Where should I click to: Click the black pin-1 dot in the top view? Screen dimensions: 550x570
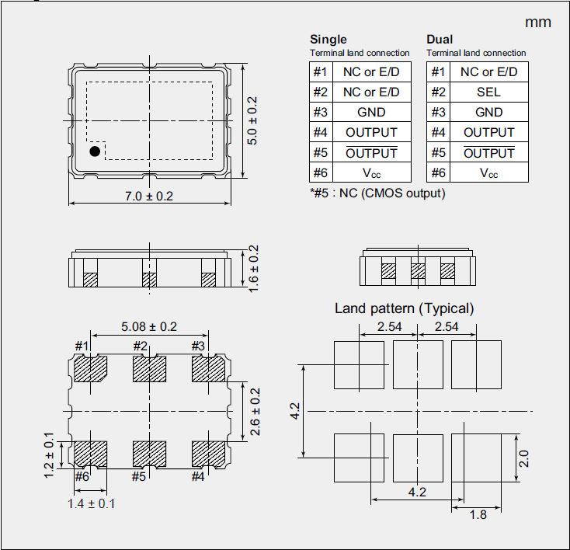coord(95,151)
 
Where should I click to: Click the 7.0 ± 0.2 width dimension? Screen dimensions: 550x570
coord(148,196)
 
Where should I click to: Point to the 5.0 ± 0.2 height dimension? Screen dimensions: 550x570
coord(252,121)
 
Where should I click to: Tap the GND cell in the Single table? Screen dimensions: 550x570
coord(371,112)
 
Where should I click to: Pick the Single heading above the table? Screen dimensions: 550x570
coord(328,40)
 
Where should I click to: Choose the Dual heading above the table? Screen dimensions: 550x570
coord(440,40)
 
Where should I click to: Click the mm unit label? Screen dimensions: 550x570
coord(538,22)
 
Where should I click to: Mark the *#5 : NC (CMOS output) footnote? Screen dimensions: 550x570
coord(377,193)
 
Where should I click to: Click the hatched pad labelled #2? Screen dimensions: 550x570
coord(150,369)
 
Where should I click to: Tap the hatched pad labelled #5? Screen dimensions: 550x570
coord(150,452)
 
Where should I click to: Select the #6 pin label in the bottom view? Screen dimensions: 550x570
coord(82,476)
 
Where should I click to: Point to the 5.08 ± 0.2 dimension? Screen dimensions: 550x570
coord(150,327)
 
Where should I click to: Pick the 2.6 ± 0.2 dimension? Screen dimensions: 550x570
coord(252,410)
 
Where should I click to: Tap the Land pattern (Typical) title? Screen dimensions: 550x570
coord(404,308)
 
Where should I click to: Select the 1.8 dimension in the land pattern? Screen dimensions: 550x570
coord(479,514)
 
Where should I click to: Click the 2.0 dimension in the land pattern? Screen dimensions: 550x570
coord(524,458)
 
